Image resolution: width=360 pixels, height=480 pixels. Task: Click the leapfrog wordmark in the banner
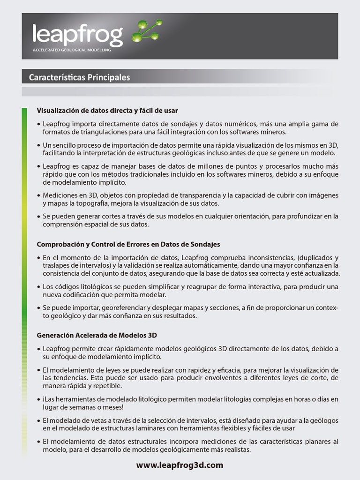click(x=77, y=34)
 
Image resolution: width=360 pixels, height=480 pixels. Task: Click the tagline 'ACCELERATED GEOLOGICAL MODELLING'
click(x=72, y=50)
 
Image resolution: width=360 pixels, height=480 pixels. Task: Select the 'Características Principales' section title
click(x=79, y=77)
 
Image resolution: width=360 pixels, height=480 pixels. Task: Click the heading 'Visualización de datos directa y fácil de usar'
click(x=107, y=111)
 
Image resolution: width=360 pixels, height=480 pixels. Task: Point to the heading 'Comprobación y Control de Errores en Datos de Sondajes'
click(x=128, y=245)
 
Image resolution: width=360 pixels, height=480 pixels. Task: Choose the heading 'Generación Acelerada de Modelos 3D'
click(x=97, y=336)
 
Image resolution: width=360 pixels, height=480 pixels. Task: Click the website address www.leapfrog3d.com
click(x=180, y=465)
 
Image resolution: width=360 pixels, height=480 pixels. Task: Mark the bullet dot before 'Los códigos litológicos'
click(x=38, y=286)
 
